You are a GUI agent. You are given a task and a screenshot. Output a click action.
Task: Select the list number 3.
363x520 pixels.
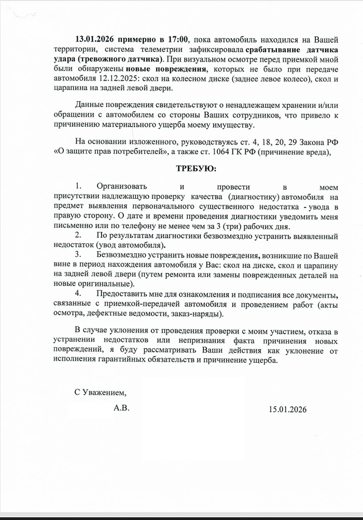[78, 254]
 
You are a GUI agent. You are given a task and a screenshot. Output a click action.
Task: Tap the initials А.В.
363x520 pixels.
[121, 408]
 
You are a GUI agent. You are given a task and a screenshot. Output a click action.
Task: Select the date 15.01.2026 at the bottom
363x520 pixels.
[287, 409]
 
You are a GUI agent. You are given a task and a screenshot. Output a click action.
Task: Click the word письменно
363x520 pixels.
[73, 226]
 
